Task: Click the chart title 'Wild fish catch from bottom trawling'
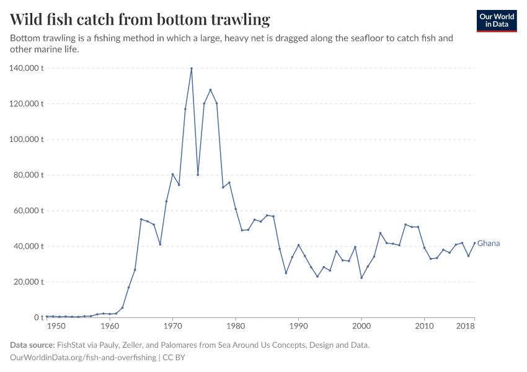coord(140,20)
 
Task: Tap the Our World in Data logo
coord(496,21)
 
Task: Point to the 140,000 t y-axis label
coord(26,68)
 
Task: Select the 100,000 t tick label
coord(26,139)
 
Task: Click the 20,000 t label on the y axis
coord(28,282)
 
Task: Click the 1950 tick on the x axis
coord(55,326)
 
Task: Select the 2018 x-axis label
coord(466,326)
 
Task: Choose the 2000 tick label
coord(361,326)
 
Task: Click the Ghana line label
coord(489,244)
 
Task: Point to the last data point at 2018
coord(475,243)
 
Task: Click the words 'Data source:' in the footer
coord(32,345)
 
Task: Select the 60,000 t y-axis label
coord(28,211)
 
